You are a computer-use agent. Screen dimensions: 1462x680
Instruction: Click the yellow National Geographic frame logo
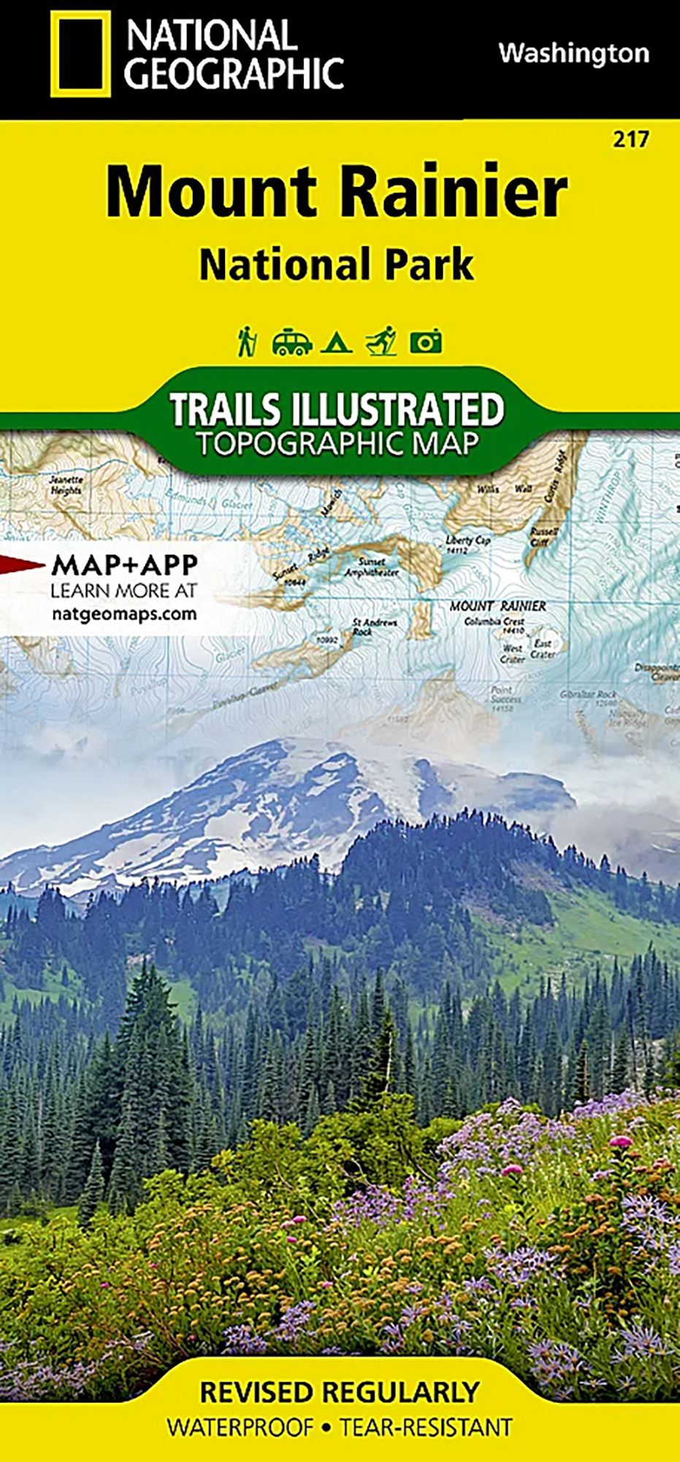pos(80,53)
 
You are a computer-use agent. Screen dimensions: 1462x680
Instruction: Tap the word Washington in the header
pos(573,53)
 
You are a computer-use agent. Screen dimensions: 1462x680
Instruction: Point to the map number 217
pos(631,139)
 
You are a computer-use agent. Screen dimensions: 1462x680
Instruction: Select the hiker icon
pos(248,341)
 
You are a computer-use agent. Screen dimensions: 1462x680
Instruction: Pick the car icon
pos(291,342)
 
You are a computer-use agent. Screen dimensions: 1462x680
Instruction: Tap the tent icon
pos(337,342)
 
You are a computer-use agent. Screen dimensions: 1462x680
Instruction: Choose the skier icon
pos(381,341)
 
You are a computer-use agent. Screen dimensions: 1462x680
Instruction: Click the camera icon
pos(426,342)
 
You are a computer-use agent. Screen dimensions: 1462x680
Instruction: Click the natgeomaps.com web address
pos(124,613)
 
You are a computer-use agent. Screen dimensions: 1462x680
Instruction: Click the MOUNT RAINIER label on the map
pos(497,606)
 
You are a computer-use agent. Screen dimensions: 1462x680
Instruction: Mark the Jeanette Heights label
pos(66,485)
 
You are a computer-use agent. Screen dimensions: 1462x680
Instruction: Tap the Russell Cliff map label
pos(544,536)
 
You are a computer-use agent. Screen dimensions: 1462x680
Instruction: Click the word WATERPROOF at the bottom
pos(240,1427)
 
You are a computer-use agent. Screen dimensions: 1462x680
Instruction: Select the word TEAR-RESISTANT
pos(426,1427)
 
